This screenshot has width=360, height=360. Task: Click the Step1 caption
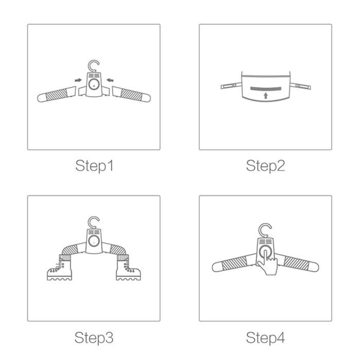coord(94,166)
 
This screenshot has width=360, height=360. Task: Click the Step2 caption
coord(265,166)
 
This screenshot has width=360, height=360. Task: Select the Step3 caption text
coord(94,337)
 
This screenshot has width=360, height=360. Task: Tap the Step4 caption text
coord(265,337)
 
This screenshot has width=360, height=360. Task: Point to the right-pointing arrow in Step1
coord(78,80)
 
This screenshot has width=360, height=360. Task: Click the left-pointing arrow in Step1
coord(110,80)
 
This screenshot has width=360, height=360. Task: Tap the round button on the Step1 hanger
coord(94,84)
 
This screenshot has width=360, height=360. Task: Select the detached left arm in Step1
coord(57,94)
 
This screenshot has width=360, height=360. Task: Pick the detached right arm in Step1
coord(131,94)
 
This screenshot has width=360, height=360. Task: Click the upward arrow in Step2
coord(266,96)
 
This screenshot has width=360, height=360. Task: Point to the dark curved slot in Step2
coord(266,88)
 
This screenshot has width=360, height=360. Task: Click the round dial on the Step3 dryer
coord(94,241)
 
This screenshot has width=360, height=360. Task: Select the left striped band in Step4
coord(234,263)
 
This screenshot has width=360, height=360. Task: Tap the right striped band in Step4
coord(296,263)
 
